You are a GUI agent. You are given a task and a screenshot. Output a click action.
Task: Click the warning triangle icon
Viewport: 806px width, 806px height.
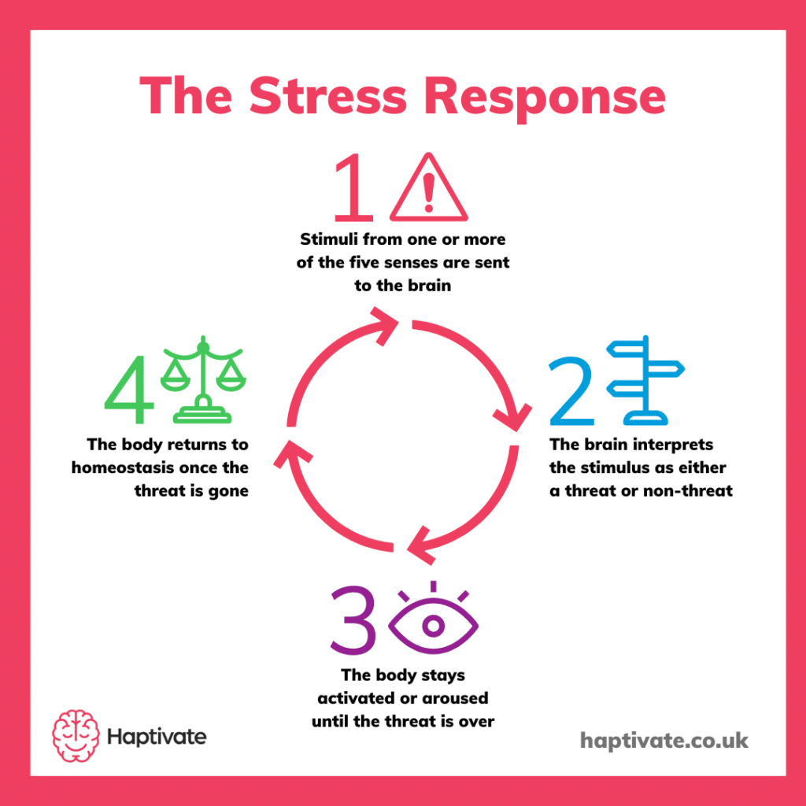tap(428, 189)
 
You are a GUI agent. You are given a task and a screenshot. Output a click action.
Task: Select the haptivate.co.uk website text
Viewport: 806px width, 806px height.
tap(664, 740)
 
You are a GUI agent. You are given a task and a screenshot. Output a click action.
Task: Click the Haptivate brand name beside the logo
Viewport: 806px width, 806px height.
tap(156, 737)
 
